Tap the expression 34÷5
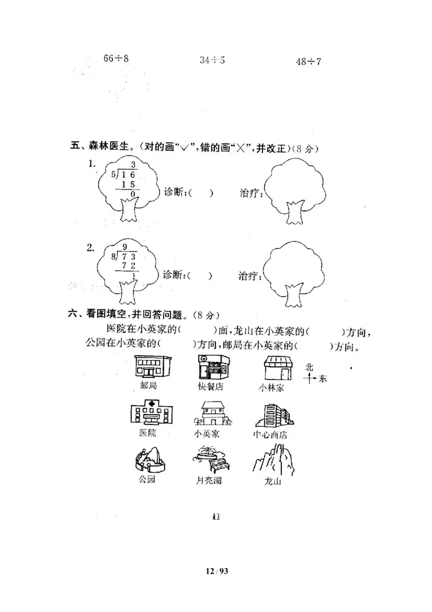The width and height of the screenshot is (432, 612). click(x=212, y=60)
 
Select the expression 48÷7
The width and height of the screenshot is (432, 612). click(x=308, y=61)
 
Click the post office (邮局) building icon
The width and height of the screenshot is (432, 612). click(x=152, y=367)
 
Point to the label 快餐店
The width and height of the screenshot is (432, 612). click(x=211, y=387)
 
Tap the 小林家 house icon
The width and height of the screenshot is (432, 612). click(x=278, y=369)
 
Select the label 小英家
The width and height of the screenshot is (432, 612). click(x=206, y=434)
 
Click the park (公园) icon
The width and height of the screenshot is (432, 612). click(x=149, y=459)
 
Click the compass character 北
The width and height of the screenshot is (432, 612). click(x=309, y=367)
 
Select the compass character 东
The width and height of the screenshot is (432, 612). click(x=322, y=379)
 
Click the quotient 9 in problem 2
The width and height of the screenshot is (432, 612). click(x=125, y=247)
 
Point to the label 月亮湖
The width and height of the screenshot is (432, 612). click(x=210, y=480)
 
